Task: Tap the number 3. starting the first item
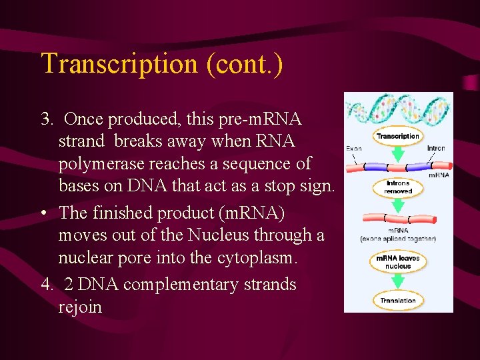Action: point(47,119)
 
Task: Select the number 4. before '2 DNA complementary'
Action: point(47,285)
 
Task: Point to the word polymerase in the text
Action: point(107,164)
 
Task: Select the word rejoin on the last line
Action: point(80,307)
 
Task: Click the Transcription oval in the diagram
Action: point(398,137)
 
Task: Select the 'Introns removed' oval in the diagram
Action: point(398,187)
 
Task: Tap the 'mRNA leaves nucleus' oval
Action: point(398,262)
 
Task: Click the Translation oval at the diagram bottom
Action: point(398,301)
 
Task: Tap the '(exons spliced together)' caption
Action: point(398,238)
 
